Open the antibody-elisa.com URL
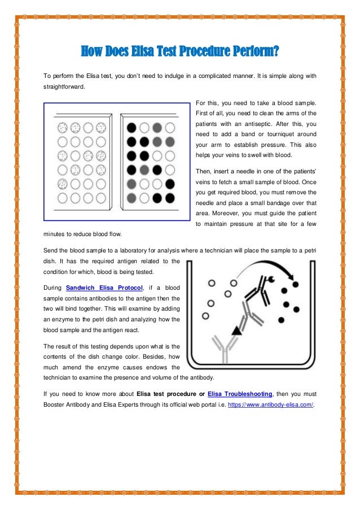tap(270, 405)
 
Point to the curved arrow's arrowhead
tap(293, 283)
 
